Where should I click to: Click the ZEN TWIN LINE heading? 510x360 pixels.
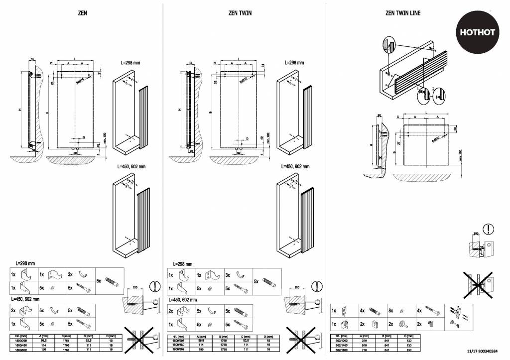(x=403, y=13)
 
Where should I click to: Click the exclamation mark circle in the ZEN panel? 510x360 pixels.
(x=156, y=286)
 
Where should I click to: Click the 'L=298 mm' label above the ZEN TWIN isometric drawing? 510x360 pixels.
(x=294, y=63)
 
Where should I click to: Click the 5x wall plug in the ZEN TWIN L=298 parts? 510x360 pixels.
(x=272, y=281)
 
